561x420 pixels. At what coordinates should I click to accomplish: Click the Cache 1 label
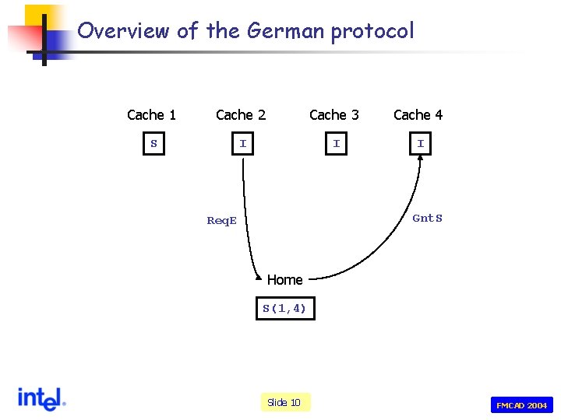151,115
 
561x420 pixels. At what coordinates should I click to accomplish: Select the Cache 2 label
241,115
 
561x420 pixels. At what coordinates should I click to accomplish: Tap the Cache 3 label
334,115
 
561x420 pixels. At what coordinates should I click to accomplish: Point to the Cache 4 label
418,115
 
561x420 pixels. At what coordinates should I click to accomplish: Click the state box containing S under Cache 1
153,144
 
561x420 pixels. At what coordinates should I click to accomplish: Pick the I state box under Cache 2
243,144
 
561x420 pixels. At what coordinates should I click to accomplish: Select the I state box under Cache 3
336,144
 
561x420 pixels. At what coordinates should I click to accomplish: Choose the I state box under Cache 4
420,144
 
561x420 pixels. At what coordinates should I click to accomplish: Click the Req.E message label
221,221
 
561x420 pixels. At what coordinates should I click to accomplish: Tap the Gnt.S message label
427,219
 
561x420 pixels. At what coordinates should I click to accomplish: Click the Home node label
284,280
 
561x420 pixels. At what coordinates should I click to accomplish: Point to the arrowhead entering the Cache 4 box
420,160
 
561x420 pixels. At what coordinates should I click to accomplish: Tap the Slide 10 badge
284,402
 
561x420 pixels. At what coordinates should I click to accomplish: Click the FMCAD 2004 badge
521,405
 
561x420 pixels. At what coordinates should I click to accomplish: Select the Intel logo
41,399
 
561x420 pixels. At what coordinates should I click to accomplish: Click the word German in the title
285,31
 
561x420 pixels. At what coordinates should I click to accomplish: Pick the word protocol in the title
372,32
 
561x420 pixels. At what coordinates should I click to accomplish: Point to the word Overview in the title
124,31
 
